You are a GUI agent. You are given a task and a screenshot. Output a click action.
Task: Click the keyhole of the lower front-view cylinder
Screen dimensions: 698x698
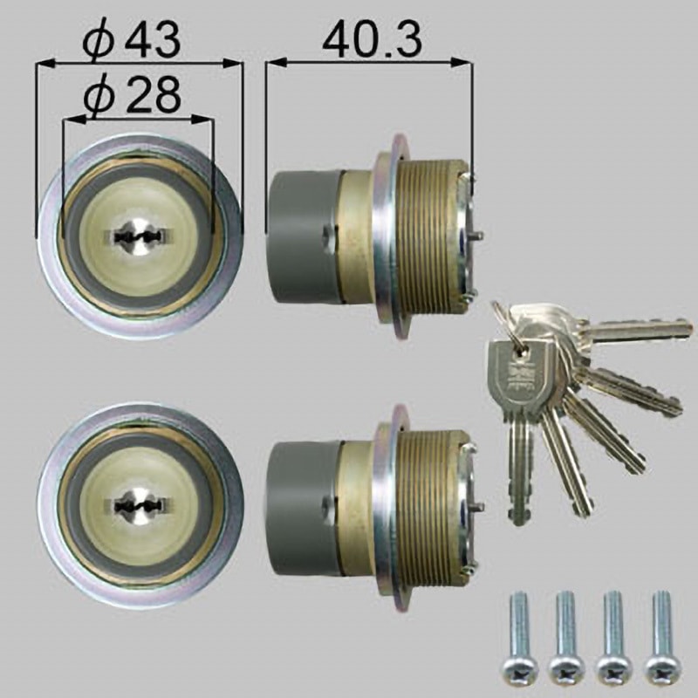(x=138, y=504)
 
